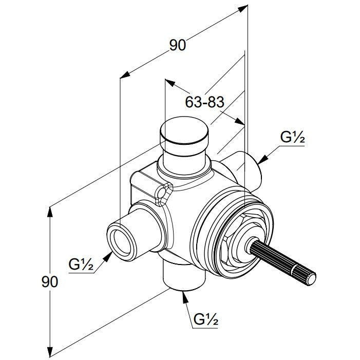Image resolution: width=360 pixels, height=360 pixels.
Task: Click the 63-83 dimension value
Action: [x=204, y=102]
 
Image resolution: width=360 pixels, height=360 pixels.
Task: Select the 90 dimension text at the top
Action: [x=178, y=45]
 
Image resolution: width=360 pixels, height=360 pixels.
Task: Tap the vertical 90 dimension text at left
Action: [x=50, y=282]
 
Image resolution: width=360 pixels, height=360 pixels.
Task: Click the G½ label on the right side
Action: [x=293, y=137]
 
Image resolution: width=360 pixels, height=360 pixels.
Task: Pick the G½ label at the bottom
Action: [x=206, y=319]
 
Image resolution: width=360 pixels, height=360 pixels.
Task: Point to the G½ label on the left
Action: [x=81, y=264]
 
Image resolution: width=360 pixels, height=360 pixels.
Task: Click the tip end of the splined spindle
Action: [x=311, y=280]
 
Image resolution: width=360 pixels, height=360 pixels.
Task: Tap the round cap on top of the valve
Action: [x=184, y=130]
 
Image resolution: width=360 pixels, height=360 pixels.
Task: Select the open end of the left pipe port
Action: [x=121, y=242]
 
